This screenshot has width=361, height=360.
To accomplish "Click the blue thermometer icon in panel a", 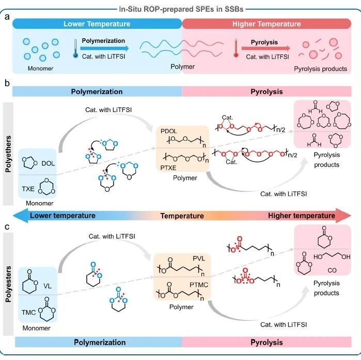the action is (75, 48).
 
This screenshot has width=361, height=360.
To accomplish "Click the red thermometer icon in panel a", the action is (236, 48).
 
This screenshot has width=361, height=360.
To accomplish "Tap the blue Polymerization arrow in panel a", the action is (104, 48).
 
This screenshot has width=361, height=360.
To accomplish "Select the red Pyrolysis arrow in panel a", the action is (266, 48).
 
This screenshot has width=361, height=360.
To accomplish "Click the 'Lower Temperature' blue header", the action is (97, 24).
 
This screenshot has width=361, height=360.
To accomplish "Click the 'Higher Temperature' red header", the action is (266, 24).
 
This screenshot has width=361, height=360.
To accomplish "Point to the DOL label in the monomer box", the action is (48, 163).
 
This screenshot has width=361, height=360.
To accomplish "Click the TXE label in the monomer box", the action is (28, 189).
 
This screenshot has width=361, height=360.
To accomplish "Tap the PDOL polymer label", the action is (169, 131).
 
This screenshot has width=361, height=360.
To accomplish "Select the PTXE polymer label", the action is (168, 168).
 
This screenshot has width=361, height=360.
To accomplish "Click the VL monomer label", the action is (48, 286).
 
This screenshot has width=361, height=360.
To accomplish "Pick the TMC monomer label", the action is (29, 313).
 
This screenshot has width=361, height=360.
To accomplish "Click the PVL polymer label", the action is (199, 258).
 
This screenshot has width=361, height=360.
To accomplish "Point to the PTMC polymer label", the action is (199, 285).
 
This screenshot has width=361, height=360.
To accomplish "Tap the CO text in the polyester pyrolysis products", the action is (332, 270).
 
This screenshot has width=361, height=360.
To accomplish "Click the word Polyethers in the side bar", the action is (8, 154).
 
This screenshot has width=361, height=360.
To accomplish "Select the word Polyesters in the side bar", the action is (8, 284).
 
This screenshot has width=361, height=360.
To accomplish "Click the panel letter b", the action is (7, 83).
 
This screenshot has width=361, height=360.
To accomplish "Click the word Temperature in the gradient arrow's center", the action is (182, 216).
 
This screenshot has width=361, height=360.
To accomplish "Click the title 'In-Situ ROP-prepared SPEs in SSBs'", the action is (181, 9).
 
